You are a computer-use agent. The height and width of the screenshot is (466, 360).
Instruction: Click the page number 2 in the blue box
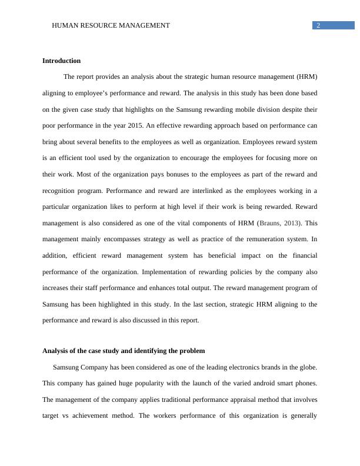tap(318, 25)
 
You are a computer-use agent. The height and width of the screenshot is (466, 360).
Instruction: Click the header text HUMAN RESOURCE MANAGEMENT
tap(111, 25)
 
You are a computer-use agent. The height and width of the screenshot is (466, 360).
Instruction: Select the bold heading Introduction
tap(61, 61)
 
